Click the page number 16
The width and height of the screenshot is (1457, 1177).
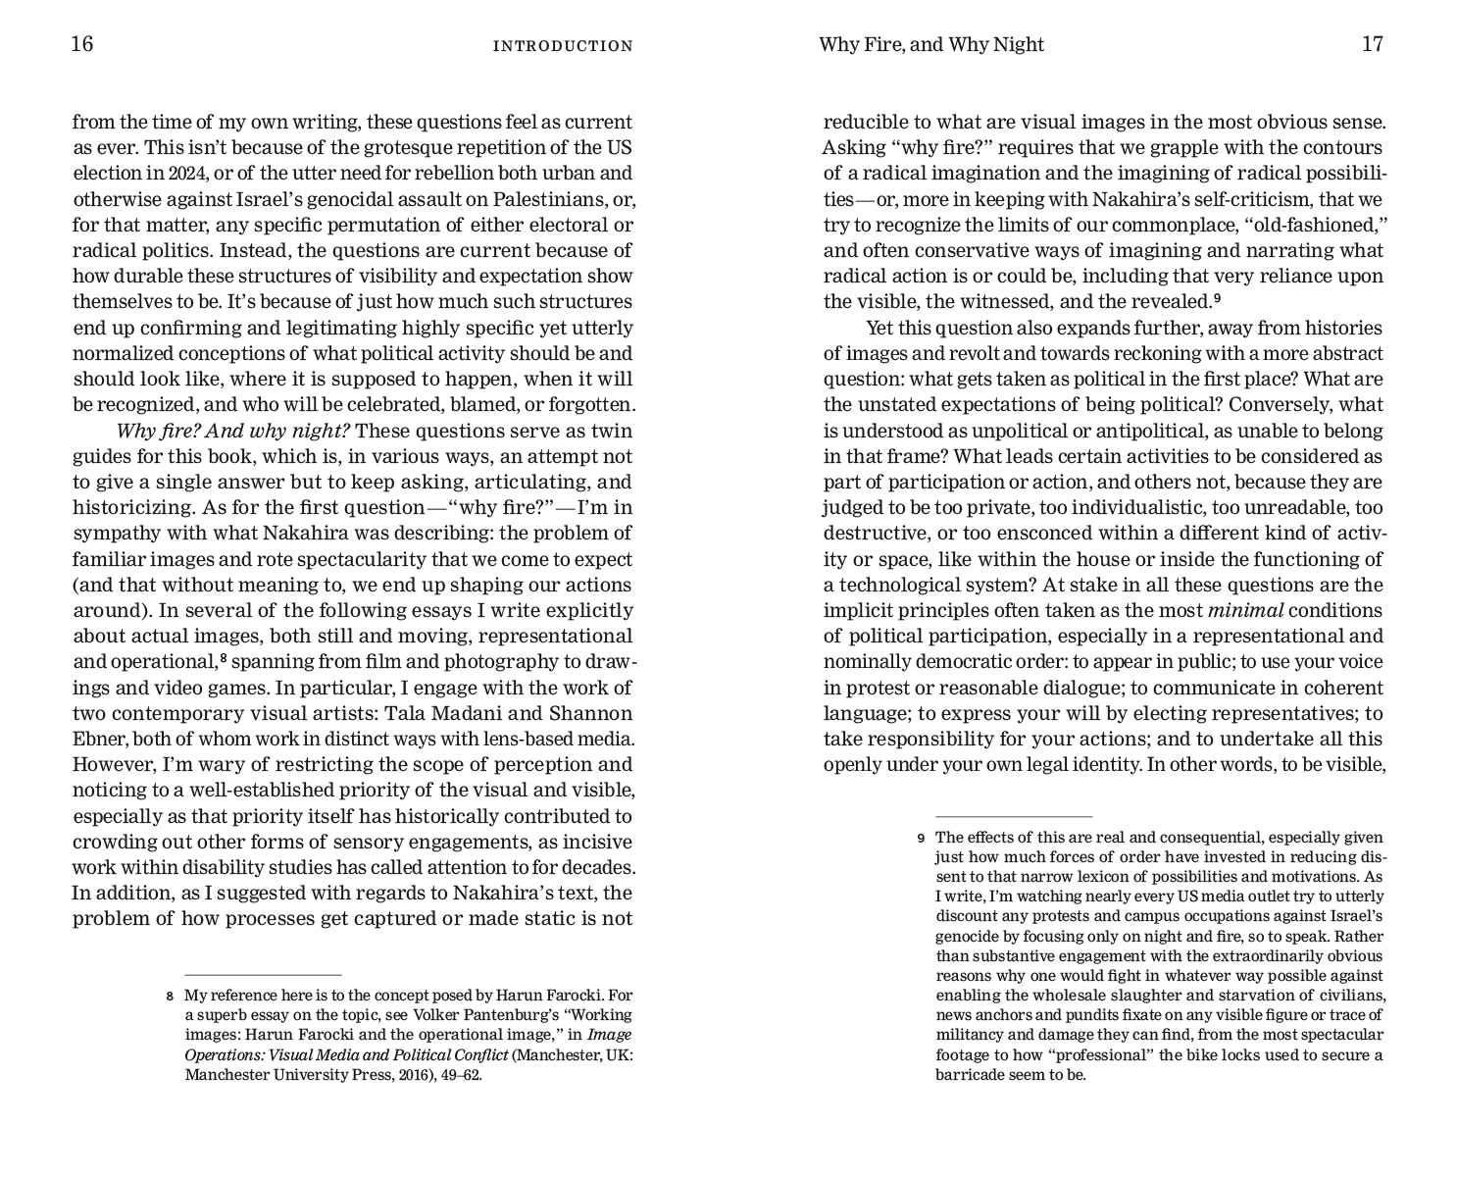pyautogui.click(x=82, y=44)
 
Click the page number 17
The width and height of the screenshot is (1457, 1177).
pyautogui.click(x=1372, y=44)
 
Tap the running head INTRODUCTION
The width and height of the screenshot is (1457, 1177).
pyautogui.click(x=563, y=46)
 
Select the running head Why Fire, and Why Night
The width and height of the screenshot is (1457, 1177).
pyautogui.click(x=930, y=45)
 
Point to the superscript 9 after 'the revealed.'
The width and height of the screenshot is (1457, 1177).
pyautogui.click(x=1217, y=298)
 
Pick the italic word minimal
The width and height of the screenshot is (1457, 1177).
pyautogui.click(x=1245, y=610)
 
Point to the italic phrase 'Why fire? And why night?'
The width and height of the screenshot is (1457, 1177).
pyautogui.click(x=233, y=431)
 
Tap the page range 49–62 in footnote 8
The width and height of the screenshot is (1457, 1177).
pyautogui.click(x=457, y=1074)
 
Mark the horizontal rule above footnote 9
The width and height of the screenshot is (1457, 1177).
pyautogui.click(x=1014, y=816)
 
